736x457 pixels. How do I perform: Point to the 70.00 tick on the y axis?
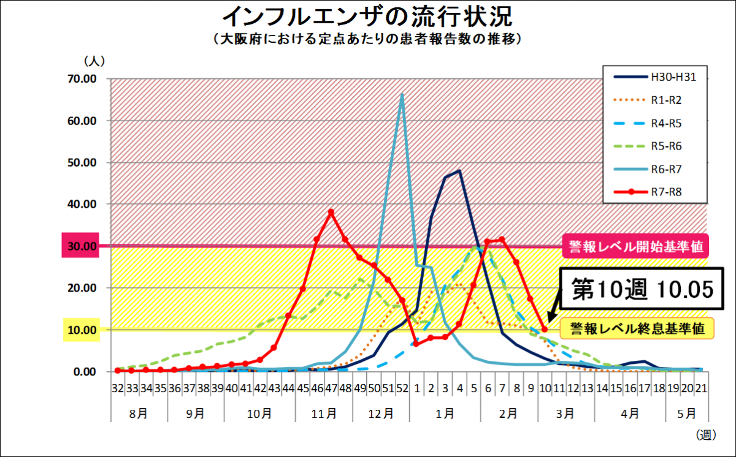click(x=83, y=79)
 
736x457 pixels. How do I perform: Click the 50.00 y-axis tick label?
click(x=83, y=163)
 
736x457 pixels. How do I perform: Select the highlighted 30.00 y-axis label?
click(x=81, y=246)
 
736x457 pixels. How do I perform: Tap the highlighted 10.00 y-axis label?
click(x=81, y=330)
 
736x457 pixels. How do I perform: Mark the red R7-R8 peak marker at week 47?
click(x=331, y=212)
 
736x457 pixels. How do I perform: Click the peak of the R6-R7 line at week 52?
click(x=402, y=94)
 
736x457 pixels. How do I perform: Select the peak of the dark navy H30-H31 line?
click(x=459, y=172)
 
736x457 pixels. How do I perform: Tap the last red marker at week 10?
click(x=545, y=330)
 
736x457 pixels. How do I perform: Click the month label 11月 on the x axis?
click(x=324, y=414)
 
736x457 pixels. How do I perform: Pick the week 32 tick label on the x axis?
click(x=117, y=388)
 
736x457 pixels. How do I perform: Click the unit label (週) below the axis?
click(x=705, y=434)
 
